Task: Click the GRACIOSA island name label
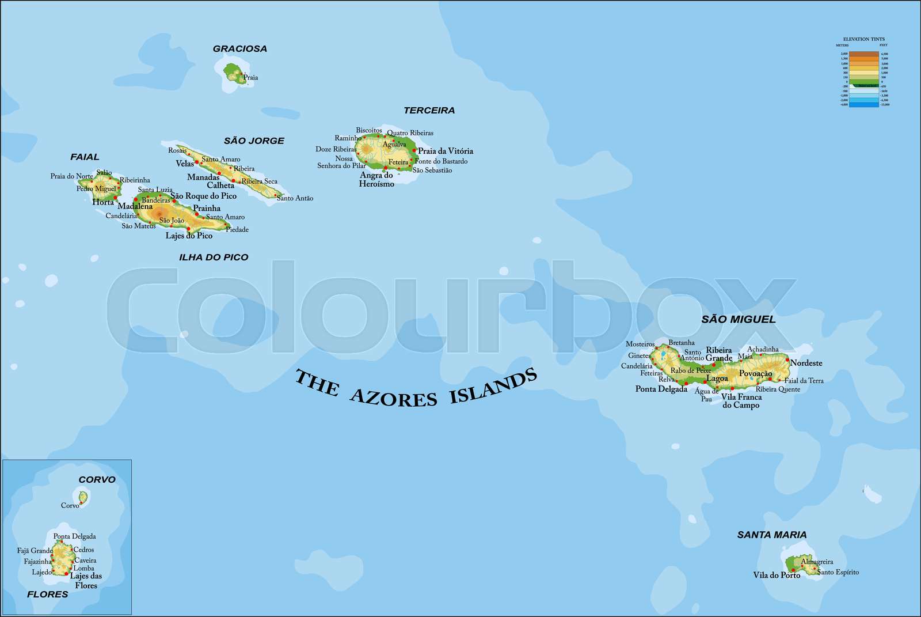coord(240,49)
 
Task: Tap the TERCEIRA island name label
coord(429,111)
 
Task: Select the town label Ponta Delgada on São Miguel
coord(661,389)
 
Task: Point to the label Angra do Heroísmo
coord(377,180)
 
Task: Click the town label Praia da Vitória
coord(446,151)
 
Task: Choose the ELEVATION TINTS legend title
coord(863,39)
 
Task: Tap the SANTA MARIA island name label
coord(771,535)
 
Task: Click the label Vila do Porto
coord(776,575)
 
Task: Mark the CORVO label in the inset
coord(97,480)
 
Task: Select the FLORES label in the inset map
coord(47,595)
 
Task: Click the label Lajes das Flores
coord(86,581)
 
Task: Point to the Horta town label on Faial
coord(103,202)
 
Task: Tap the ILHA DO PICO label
coord(214,258)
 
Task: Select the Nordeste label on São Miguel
coord(806,363)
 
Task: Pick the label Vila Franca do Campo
coord(741,401)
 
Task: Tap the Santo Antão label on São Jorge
coord(295,198)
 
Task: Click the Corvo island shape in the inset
coord(83,497)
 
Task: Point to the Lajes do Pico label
coord(189,236)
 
